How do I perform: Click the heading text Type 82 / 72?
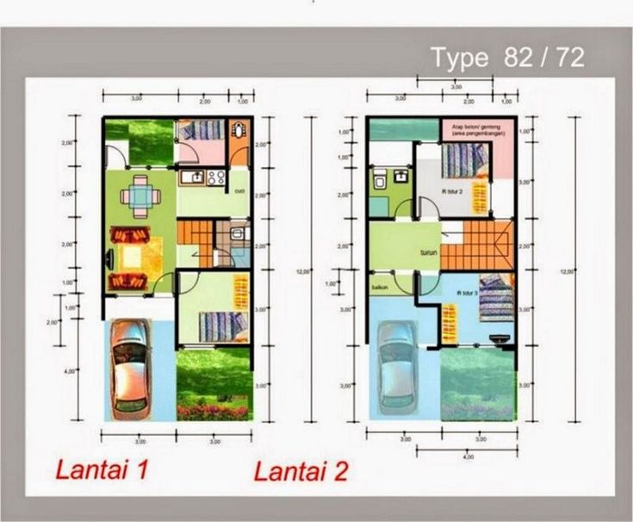click(508, 58)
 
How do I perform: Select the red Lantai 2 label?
click(301, 472)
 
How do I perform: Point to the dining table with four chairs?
click(139, 196)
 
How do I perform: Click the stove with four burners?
click(215, 179)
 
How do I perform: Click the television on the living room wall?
click(109, 257)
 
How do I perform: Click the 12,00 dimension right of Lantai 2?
click(565, 272)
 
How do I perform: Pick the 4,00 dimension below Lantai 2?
click(468, 457)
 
